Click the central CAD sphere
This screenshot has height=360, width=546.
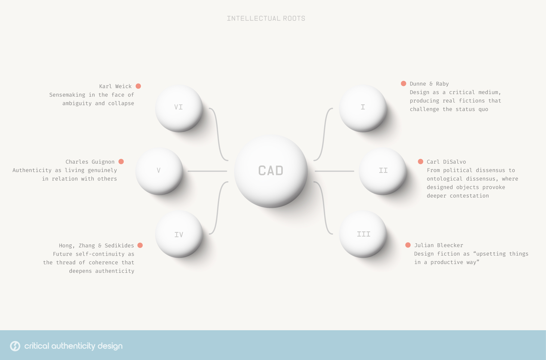pyautogui.click(x=271, y=171)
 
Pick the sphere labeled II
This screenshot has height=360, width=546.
pyautogui.click(x=383, y=171)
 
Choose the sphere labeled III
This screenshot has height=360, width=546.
pyautogui.click(x=363, y=234)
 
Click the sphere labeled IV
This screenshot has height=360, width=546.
pyautogui.click(x=179, y=234)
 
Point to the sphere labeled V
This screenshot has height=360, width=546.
pyautogui.click(x=159, y=171)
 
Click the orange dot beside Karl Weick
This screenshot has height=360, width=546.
pyautogui.click(x=138, y=86)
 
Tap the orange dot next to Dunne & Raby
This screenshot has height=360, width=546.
pyautogui.click(x=404, y=83)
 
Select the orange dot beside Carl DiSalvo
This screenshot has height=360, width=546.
pyautogui.click(x=421, y=162)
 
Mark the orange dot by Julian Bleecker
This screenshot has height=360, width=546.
pyautogui.click(x=408, y=245)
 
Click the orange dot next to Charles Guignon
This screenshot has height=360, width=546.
pyautogui.click(x=121, y=162)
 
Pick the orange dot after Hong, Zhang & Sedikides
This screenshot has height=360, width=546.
pyautogui.click(x=140, y=245)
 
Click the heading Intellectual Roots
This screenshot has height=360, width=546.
pyautogui.click(x=266, y=18)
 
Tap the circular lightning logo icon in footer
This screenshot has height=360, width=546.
pyautogui.click(x=15, y=346)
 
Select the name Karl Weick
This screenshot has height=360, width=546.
pyautogui.click(x=115, y=86)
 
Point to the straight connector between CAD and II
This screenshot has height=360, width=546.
pyautogui.click(x=334, y=171)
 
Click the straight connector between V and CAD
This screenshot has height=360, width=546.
pyautogui.click(x=207, y=171)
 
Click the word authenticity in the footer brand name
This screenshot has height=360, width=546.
pyautogui.click(x=73, y=346)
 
